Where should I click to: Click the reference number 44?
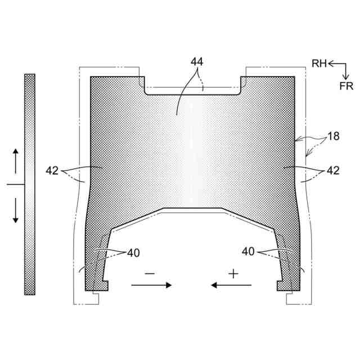(x=197, y=62)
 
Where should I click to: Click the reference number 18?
(x=334, y=136)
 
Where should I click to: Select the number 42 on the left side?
(x=52, y=170)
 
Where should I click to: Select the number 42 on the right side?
(x=333, y=170)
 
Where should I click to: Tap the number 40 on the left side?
(x=133, y=253)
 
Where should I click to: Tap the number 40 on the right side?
(x=248, y=251)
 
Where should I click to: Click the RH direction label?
(x=319, y=64)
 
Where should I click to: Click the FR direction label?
(x=346, y=86)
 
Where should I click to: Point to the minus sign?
(x=150, y=273)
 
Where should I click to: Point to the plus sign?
(x=233, y=274)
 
